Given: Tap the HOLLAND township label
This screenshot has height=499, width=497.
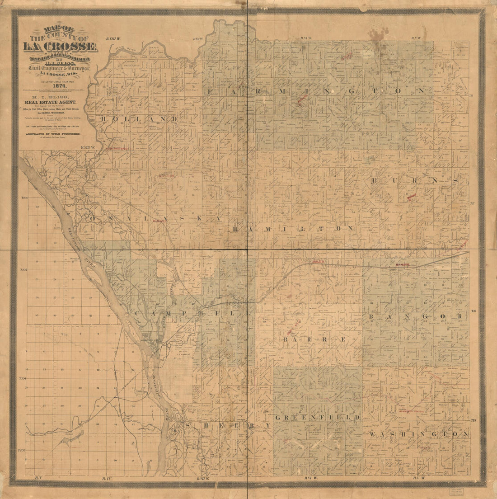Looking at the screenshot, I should click(x=138, y=119).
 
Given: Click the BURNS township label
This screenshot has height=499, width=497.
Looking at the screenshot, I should click(x=415, y=180).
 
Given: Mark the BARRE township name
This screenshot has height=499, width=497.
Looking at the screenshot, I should click(x=315, y=339).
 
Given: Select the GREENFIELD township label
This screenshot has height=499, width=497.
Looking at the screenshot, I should click(x=318, y=418).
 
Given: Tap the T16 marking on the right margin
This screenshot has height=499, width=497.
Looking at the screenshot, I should click(x=474, y=311).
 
